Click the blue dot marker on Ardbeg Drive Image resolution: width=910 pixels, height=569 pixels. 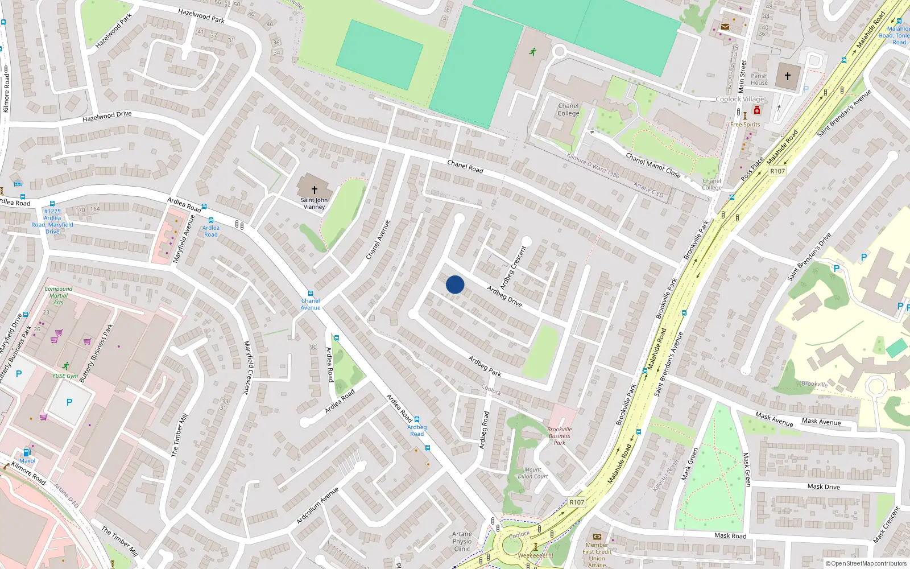tap(455, 284)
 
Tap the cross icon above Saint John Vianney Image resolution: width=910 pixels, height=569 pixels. tap(314, 190)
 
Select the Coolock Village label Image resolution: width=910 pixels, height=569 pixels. tap(740, 99)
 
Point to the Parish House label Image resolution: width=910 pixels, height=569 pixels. tap(759, 79)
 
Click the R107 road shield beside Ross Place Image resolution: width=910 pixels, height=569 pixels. tap(777, 171)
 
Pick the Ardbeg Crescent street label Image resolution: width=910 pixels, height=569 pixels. tap(514, 267)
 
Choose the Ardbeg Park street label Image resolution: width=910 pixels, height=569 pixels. tap(485, 366)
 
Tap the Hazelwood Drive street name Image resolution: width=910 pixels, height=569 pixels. tap(107, 116)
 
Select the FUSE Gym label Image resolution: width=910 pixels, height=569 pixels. tap(65, 376)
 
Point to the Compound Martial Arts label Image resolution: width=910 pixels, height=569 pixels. tap(59, 295)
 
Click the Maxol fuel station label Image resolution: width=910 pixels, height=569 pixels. tap(27, 461)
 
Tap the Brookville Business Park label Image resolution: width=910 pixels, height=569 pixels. tap(560, 436)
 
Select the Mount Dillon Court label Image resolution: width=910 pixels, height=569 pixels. tap(533, 473)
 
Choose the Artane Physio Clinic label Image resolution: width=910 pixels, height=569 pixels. tap(462, 541)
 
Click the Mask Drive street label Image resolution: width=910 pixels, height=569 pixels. tap(824, 486)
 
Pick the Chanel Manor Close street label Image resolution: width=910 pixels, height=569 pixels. tap(653, 165)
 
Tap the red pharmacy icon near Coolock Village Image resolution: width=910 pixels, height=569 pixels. tap(757, 110)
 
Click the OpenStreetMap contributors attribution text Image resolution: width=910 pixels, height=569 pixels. tap(866, 563)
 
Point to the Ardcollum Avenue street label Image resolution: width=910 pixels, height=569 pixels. tap(317, 505)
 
